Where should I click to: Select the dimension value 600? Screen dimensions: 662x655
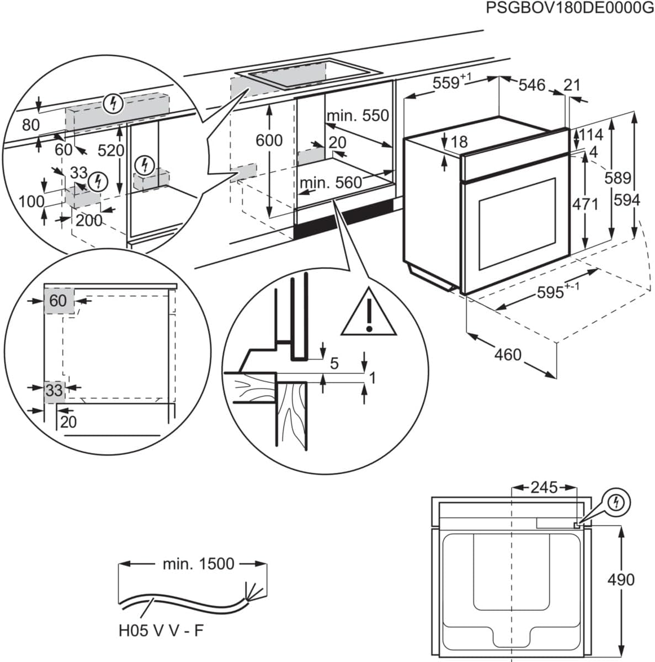click(x=269, y=141)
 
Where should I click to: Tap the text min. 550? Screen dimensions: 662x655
click(x=358, y=116)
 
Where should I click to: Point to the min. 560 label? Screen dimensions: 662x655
click(x=331, y=182)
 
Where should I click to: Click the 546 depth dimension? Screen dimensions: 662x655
click(x=532, y=85)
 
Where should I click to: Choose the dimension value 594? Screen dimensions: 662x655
click(x=627, y=200)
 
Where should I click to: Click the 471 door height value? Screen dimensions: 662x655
click(x=585, y=204)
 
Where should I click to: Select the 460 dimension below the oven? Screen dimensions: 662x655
click(x=508, y=354)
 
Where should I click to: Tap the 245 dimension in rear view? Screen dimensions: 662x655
click(x=544, y=487)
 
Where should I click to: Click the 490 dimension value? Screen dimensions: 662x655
click(x=621, y=580)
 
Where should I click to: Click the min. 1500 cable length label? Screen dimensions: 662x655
click(x=198, y=564)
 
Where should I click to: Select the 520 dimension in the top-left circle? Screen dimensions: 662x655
click(x=111, y=150)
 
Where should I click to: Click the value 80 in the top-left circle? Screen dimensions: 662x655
click(x=31, y=125)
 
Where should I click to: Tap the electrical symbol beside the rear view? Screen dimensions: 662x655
click(x=617, y=502)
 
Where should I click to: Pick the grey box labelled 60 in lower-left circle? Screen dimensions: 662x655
click(x=58, y=301)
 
